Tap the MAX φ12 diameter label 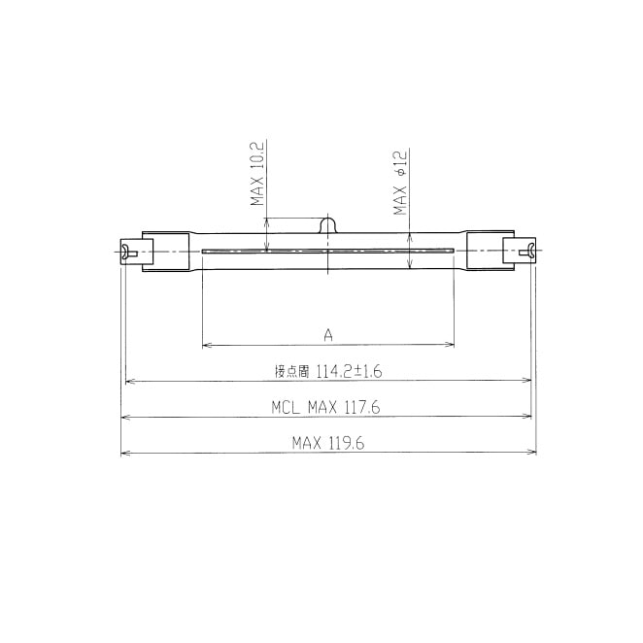pyautogui.click(x=400, y=183)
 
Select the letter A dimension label pyautogui.click(x=328, y=335)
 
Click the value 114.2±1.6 pyautogui.click(x=349, y=372)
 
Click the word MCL pyautogui.click(x=286, y=408)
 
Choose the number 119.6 pyautogui.click(x=347, y=443)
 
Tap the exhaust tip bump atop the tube pyautogui.click(x=328, y=225)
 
